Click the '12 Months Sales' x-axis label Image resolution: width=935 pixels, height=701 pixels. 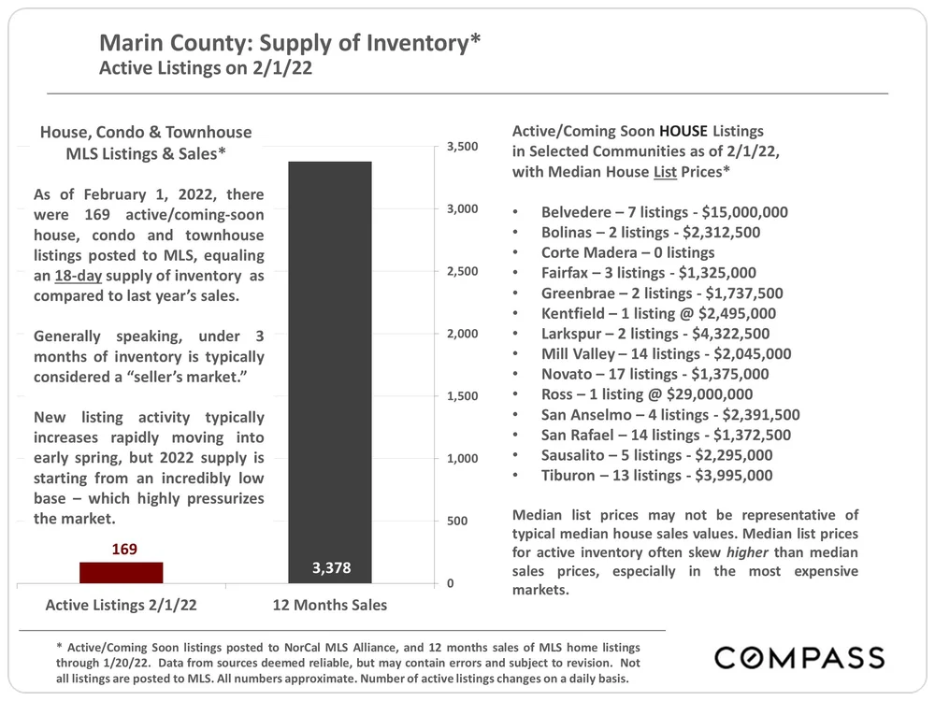[329, 605]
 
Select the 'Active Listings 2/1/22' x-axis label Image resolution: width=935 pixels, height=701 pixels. [122, 605]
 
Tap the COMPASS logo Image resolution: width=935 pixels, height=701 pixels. [799, 657]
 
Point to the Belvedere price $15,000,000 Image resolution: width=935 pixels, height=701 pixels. [738, 212]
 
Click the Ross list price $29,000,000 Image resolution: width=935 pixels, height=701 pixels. [697, 394]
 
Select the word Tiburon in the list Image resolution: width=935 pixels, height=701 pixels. [570, 476]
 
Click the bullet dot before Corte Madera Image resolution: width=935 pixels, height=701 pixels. [517, 253]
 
